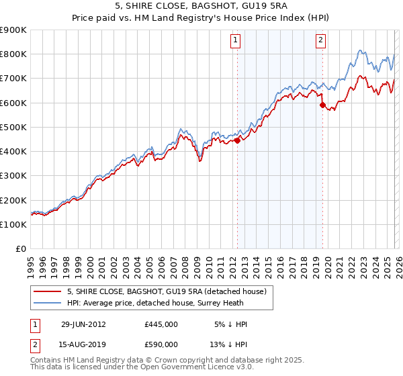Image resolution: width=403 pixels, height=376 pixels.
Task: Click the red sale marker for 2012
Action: (x=237, y=140)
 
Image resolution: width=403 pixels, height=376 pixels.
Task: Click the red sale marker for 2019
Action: (x=322, y=105)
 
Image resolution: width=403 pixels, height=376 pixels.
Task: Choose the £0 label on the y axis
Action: (x=21, y=249)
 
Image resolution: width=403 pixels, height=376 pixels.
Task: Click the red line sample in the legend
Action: (x=47, y=291)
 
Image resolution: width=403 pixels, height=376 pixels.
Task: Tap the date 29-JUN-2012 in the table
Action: (x=83, y=324)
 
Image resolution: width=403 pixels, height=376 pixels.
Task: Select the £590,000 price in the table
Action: (x=161, y=344)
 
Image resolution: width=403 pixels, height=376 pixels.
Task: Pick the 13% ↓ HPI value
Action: (x=229, y=344)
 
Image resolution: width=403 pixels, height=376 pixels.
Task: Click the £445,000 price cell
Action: (x=161, y=324)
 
